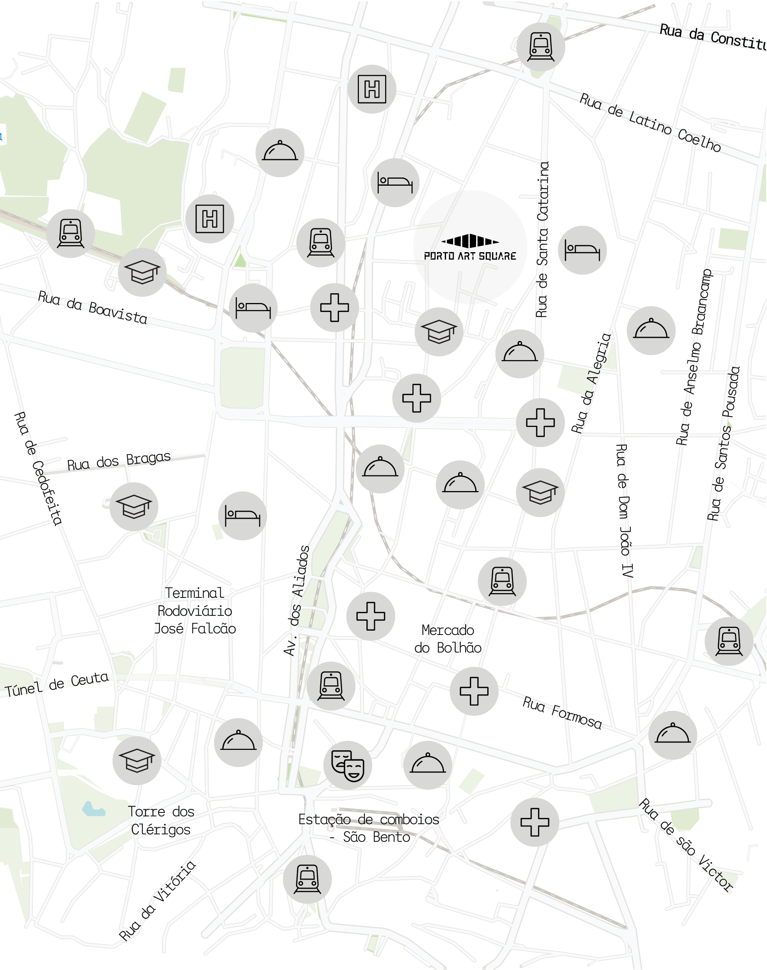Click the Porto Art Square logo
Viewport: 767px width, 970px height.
pos(470,247)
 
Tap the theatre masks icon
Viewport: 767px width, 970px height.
pos(348,765)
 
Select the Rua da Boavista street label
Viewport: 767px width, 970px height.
pos(93,307)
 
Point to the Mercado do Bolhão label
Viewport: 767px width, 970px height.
pos(448,639)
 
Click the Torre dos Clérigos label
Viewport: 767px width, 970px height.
pos(161,820)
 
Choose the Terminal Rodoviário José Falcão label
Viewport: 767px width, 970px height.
pos(194,610)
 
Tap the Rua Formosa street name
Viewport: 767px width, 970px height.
pos(562,712)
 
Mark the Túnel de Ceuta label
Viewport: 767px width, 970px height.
pos(57,684)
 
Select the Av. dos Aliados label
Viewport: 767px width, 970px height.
pos(297,601)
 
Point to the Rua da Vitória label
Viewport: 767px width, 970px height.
pos(157,901)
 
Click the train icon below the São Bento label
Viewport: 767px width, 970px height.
pos(307,879)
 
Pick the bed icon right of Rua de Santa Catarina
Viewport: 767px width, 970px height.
pos(582,250)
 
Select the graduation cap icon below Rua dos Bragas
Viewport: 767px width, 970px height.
pos(134,507)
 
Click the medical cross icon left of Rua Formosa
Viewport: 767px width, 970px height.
pos(474,691)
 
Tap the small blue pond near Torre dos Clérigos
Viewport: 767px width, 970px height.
pos(93,809)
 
